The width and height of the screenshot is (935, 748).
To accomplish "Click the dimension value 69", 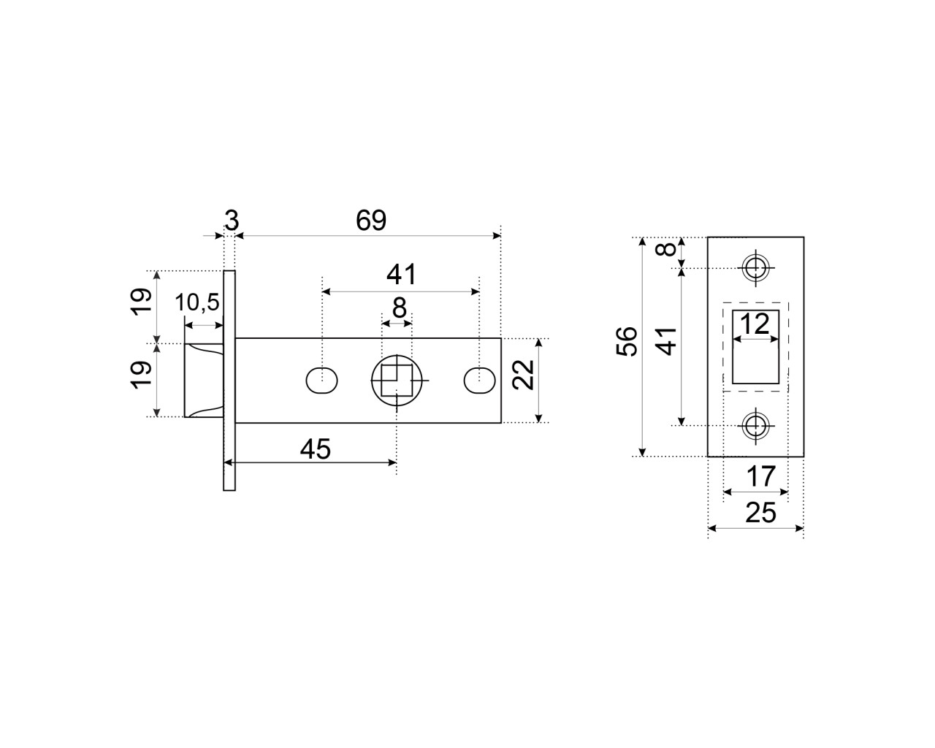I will point(371,220).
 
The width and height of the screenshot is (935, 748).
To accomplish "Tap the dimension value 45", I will point(316,449).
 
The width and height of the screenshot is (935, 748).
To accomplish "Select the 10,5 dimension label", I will point(197,302).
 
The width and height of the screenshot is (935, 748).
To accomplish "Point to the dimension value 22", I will point(524,375).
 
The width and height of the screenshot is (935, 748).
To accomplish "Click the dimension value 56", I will point(627,341).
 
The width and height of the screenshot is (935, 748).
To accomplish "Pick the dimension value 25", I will point(760,513).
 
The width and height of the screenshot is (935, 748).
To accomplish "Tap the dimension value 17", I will point(760,477).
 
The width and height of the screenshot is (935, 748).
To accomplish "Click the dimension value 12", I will point(756,323).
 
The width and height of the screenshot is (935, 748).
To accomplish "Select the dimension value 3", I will point(232,220).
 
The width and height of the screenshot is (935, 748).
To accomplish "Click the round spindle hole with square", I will point(397,381).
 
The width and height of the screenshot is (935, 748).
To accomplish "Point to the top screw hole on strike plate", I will point(755,267).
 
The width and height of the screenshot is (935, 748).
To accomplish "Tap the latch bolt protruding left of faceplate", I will point(203,380).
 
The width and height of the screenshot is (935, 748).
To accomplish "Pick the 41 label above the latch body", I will point(401,275).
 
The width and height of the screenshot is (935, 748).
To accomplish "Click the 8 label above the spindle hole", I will point(399,308).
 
